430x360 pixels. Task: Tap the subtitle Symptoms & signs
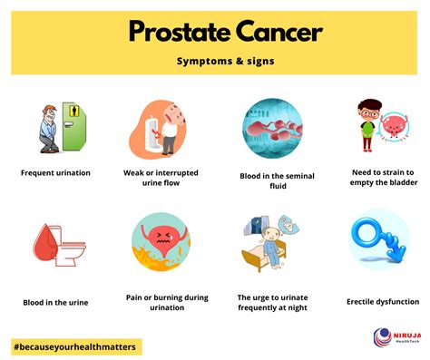[215, 63]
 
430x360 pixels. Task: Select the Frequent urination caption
[56, 172]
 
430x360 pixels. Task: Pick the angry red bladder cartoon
[160, 242]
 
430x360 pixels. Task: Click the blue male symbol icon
[379, 239]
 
